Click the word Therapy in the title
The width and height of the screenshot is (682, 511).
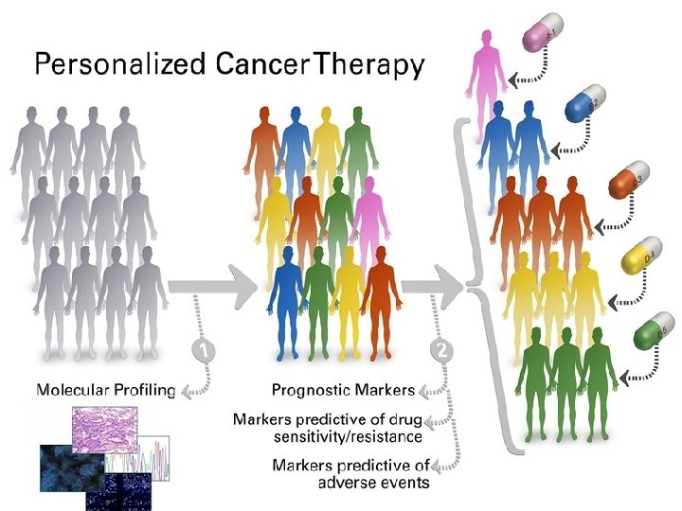tap(370, 65)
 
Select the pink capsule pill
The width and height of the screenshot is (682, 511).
tap(543, 36)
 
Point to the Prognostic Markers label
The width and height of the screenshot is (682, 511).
tap(343, 390)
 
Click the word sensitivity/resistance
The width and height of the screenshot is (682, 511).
tap(348, 436)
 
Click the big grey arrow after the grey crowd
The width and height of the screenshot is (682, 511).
tap(214, 282)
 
